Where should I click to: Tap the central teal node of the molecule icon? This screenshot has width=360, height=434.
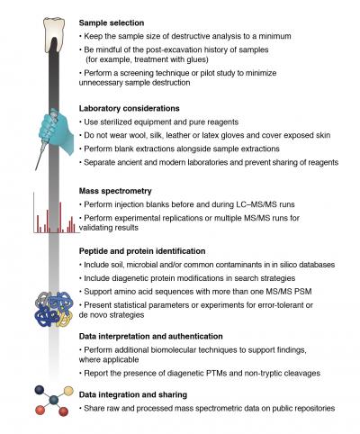coord(53,398)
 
